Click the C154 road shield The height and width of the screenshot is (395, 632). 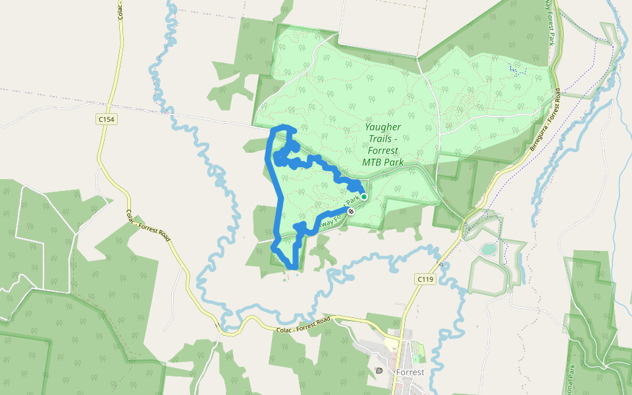pyautogui.click(x=105, y=119)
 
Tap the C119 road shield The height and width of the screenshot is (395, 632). pyautogui.click(x=426, y=280)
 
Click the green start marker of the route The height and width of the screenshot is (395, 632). pyautogui.click(x=364, y=196)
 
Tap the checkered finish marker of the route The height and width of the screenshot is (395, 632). pyautogui.click(x=352, y=211)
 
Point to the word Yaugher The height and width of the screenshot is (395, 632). pyautogui.click(x=383, y=127)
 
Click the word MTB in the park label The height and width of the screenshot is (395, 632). pyautogui.click(x=375, y=162)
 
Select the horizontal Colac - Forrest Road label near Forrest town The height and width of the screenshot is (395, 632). pyautogui.click(x=303, y=323)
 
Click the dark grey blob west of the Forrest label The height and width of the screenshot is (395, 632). pyautogui.click(x=379, y=371)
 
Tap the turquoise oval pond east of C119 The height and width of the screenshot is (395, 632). pyautogui.click(x=488, y=249)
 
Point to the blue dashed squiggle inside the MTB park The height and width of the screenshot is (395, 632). pyautogui.click(x=518, y=69)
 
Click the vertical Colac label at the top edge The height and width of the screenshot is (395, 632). pyautogui.click(x=121, y=8)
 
